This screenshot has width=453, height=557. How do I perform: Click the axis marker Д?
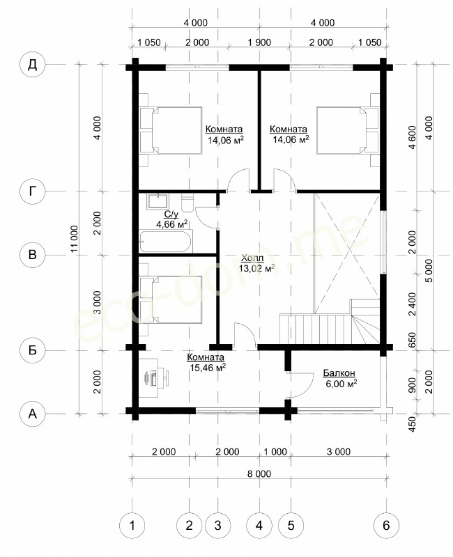point(32,65)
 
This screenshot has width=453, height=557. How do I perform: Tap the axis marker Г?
point(32,191)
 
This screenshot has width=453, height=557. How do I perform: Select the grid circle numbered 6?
point(387,525)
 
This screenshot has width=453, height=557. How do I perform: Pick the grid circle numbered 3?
point(217,525)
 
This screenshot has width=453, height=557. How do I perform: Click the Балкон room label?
point(339,373)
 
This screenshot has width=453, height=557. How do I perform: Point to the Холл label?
point(252,258)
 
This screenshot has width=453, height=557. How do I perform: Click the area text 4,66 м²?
point(171,223)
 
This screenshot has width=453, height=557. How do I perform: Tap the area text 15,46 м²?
point(208,368)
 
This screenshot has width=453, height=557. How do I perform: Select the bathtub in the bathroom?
point(166,241)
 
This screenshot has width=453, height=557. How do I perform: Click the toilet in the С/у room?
point(187,202)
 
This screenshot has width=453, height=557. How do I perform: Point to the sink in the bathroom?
point(158,201)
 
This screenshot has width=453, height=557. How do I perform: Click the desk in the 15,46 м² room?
point(148,377)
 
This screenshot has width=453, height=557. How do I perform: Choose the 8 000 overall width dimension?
point(259,473)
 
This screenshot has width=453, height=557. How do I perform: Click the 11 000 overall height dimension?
point(74,239)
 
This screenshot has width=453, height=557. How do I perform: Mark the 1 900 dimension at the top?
point(259,42)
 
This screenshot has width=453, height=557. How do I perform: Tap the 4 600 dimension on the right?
point(412,137)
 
